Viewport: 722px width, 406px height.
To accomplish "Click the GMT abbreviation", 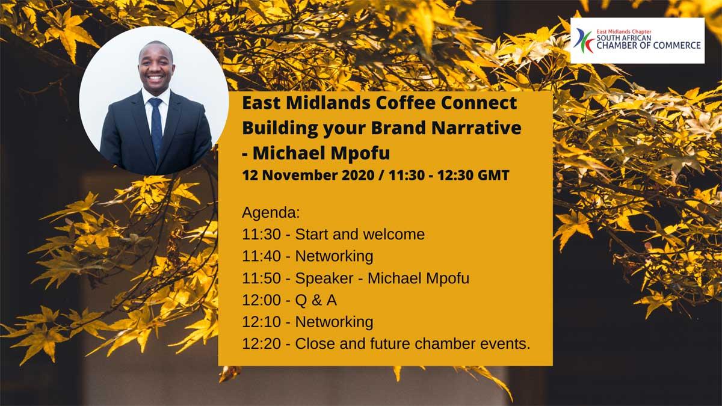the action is click(x=493, y=175).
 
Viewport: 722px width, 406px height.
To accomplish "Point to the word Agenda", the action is click(x=271, y=213).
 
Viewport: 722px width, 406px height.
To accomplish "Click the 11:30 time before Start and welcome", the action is click(x=261, y=234).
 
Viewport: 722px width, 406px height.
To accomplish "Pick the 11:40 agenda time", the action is click(x=261, y=256).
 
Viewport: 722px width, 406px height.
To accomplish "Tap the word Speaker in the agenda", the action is click(x=324, y=278).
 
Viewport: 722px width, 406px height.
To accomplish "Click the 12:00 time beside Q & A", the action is click(x=261, y=300).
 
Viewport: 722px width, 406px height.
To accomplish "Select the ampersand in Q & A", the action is click(x=317, y=300).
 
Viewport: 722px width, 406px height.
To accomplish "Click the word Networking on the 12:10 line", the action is click(x=335, y=322).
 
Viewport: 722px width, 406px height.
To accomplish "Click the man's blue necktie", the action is click(x=156, y=128).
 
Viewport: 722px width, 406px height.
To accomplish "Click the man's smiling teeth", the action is click(x=155, y=78).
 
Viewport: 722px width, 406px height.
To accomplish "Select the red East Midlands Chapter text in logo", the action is click(x=624, y=32).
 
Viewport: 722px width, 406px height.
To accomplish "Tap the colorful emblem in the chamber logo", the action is click(x=584, y=41).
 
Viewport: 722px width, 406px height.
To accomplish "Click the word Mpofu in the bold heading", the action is click(x=360, y=153).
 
